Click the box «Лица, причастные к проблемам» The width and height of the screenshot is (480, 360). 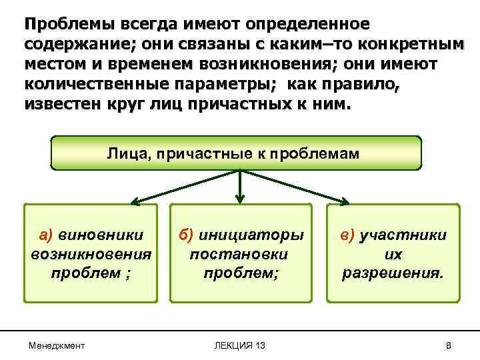pyautogui.click(x=237, y=153)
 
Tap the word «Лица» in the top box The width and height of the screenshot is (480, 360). pyautogui.click(x=123, y=153)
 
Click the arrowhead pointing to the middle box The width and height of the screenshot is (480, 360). pyautogui.click(x=240, y=198)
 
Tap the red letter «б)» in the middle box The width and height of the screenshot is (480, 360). pyautogui.click(x=185, y=235)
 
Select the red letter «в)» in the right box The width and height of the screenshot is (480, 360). pyautogui.click(x=348, y=235)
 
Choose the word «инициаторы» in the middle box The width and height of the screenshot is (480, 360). pyautogui.click(x=250, y=235)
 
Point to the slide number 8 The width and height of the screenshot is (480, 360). pyautogui.click(x=448, y=345)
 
